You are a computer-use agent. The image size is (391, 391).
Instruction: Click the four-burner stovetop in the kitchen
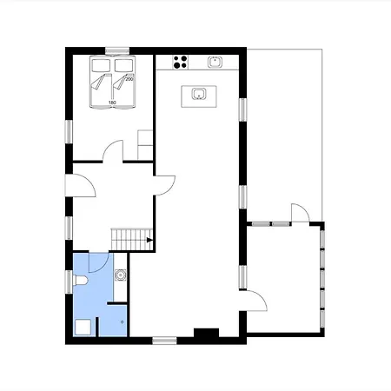(180, 63)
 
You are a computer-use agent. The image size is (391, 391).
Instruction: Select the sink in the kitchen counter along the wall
(215, 62)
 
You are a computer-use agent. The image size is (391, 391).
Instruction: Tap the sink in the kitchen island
(199, 94)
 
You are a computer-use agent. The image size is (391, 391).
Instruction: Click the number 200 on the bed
(129, 79)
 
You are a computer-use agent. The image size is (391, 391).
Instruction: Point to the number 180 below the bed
(112, 103)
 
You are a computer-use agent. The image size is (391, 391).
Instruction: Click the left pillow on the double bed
(101, 65)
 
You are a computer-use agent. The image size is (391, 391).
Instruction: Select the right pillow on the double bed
(123, 65)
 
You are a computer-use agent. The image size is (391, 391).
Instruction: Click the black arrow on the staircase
(149, 240)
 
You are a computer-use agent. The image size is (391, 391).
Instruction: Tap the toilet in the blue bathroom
(80, 281)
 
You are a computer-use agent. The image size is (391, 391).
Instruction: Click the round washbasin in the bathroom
(120, 275)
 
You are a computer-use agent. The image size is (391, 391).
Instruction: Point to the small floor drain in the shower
(123, 321)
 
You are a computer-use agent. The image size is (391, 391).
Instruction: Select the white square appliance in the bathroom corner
(83, 328)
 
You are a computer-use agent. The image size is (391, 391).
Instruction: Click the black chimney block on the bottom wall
(206, 333)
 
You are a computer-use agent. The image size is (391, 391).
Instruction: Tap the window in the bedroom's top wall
(117, 50)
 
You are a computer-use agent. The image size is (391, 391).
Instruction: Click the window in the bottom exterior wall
(164, 341)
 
